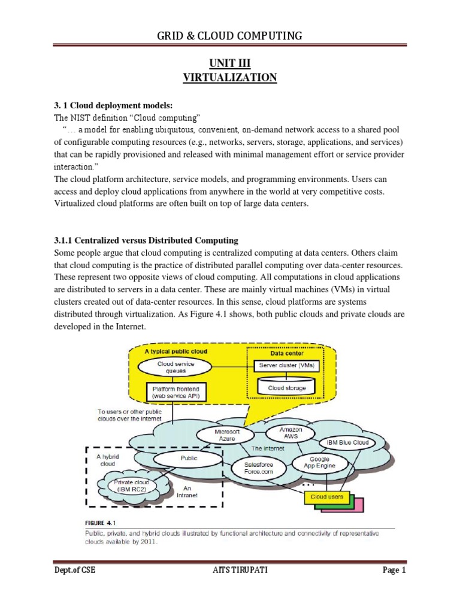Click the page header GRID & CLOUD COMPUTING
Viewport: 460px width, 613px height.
point(229,37)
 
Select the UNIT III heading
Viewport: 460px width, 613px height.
point(229,63)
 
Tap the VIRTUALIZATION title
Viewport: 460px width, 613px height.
point(229,78)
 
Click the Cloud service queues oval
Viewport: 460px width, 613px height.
point(175,366)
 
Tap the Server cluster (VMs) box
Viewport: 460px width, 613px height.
point(287,365)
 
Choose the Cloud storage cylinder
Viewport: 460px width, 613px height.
point(286,387)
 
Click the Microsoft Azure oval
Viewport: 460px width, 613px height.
point(231,435)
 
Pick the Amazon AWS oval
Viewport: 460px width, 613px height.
point(290,433)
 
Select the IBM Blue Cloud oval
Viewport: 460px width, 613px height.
point(348,443)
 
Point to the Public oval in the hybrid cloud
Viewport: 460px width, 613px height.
point(189,460)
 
